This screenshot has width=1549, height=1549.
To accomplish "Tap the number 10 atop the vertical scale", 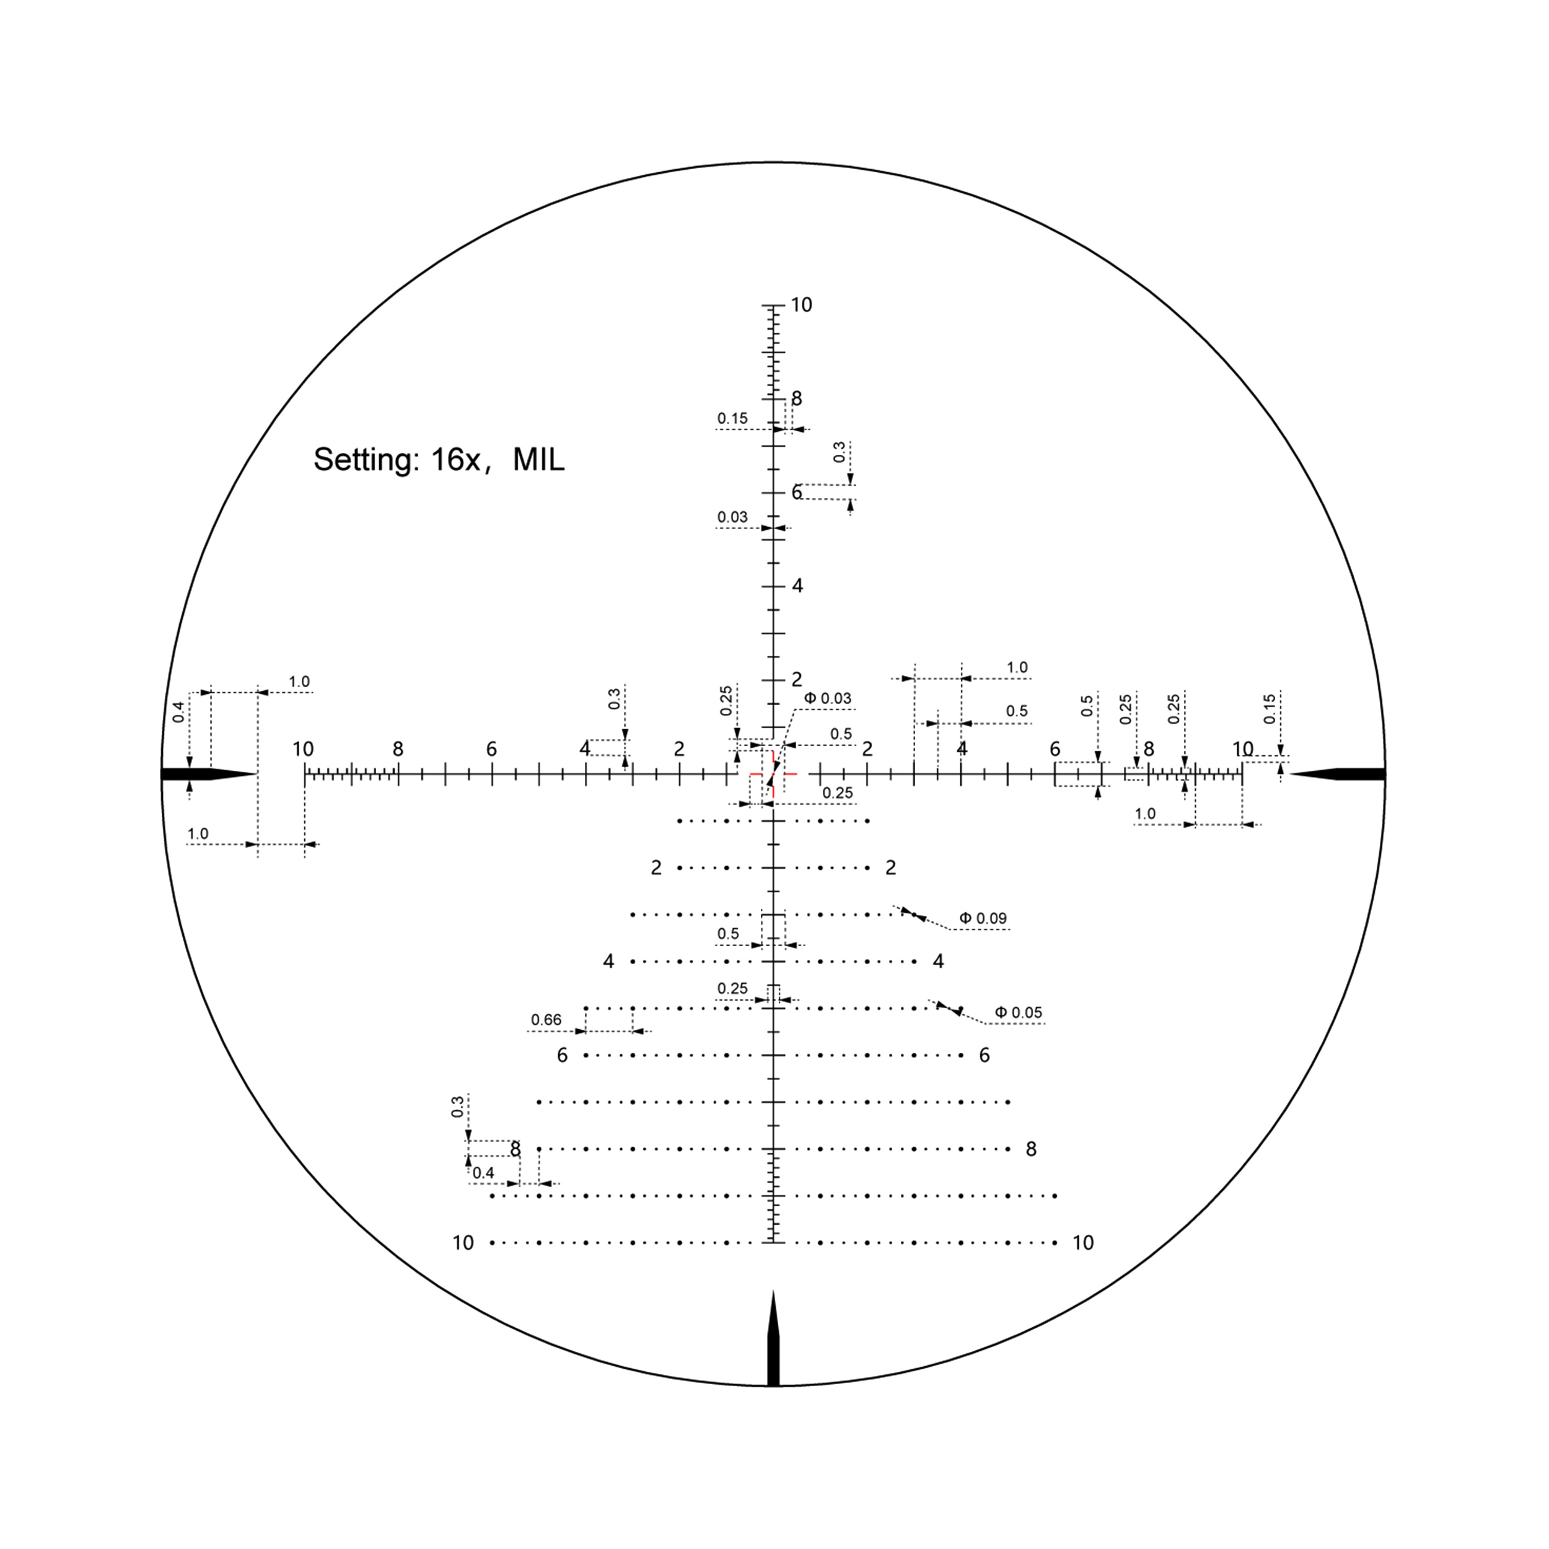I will point(801,305).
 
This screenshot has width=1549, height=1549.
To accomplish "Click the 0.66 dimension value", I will point(546,1020).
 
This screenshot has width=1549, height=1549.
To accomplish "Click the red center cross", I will point(773,774).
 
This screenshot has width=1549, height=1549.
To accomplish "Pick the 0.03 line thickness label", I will point(732,518).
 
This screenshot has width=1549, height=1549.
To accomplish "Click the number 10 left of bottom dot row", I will point(463,1244).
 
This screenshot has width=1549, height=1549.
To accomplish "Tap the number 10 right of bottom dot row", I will point(1083,1244).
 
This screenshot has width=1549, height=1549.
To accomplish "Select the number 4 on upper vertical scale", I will point(797,586).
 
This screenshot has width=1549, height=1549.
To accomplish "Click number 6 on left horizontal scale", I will point(491,750).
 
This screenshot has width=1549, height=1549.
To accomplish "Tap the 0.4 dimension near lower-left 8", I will point(483,1174).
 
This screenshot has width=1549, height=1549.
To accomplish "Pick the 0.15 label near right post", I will point(1269,709).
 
